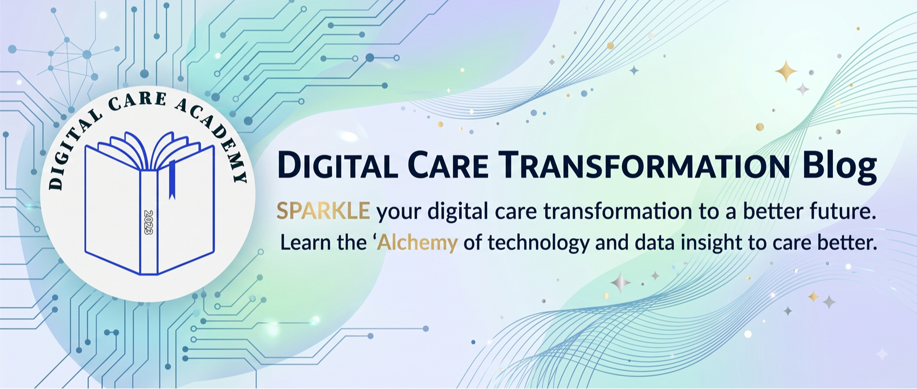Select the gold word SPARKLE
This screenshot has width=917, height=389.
[324, 211]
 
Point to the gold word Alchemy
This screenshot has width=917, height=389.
[417, 242]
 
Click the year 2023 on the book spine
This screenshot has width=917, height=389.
[148, 222]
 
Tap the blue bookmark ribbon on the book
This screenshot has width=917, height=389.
[173, 180]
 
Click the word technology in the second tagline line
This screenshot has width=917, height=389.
[538, 243]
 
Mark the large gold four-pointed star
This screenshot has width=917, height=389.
[786, 71]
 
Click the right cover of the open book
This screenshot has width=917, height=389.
[186, 209]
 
